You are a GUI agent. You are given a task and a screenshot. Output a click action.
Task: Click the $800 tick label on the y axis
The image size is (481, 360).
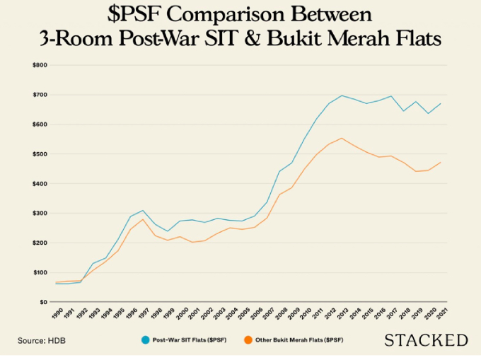(x=40, y=65)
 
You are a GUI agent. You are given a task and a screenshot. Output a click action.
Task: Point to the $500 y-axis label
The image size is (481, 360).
(x=40, y=154)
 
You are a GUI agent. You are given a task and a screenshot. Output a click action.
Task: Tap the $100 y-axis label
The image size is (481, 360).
(x=40, y=272)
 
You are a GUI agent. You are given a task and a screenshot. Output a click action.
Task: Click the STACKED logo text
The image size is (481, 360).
(x=426, y=341)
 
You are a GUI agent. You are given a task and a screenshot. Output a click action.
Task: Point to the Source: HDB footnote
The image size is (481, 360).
(x=42, y=341)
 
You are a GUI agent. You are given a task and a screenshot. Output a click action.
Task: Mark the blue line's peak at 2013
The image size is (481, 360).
(x=342, y=95)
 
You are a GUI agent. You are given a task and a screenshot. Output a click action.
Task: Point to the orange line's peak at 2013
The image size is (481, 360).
(x=342, y=138)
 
